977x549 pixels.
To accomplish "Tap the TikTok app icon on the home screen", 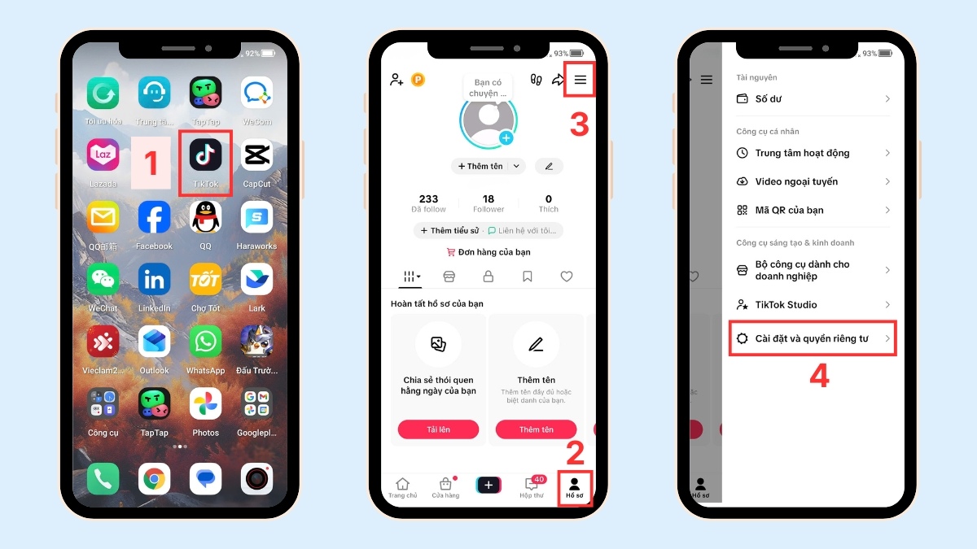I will click(x=205, y=155).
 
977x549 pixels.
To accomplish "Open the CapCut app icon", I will click(x=256, y=155).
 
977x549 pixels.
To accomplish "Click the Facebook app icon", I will click(x=154, y=218).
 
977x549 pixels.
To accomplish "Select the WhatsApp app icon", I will click(x=205, y=342).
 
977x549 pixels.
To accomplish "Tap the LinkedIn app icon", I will click(x=154, y=280).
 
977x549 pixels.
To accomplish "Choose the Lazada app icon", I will click(x=103, y=155).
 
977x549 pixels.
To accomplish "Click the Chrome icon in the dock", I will click(x=154, y=479).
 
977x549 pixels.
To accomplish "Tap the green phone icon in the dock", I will click(x=103, y=479).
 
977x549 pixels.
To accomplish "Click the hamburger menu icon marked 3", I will click(x=580, y=80).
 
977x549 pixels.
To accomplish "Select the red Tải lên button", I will click(x=438, y=429).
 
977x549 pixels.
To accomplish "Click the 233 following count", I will click(x=428, y=203).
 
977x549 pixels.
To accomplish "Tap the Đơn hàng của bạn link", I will click(x=488, y=252).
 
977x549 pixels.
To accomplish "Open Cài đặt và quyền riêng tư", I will click(x=812, y=338).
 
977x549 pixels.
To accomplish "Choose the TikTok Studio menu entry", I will click(x=786, y=304).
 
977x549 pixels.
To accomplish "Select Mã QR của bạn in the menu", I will click(x=789, y=210).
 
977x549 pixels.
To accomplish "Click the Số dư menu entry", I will click(x=769, y=99).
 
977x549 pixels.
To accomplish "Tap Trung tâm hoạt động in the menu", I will click(x=802, y=153).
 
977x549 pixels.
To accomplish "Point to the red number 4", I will click(x=818, y=376).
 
